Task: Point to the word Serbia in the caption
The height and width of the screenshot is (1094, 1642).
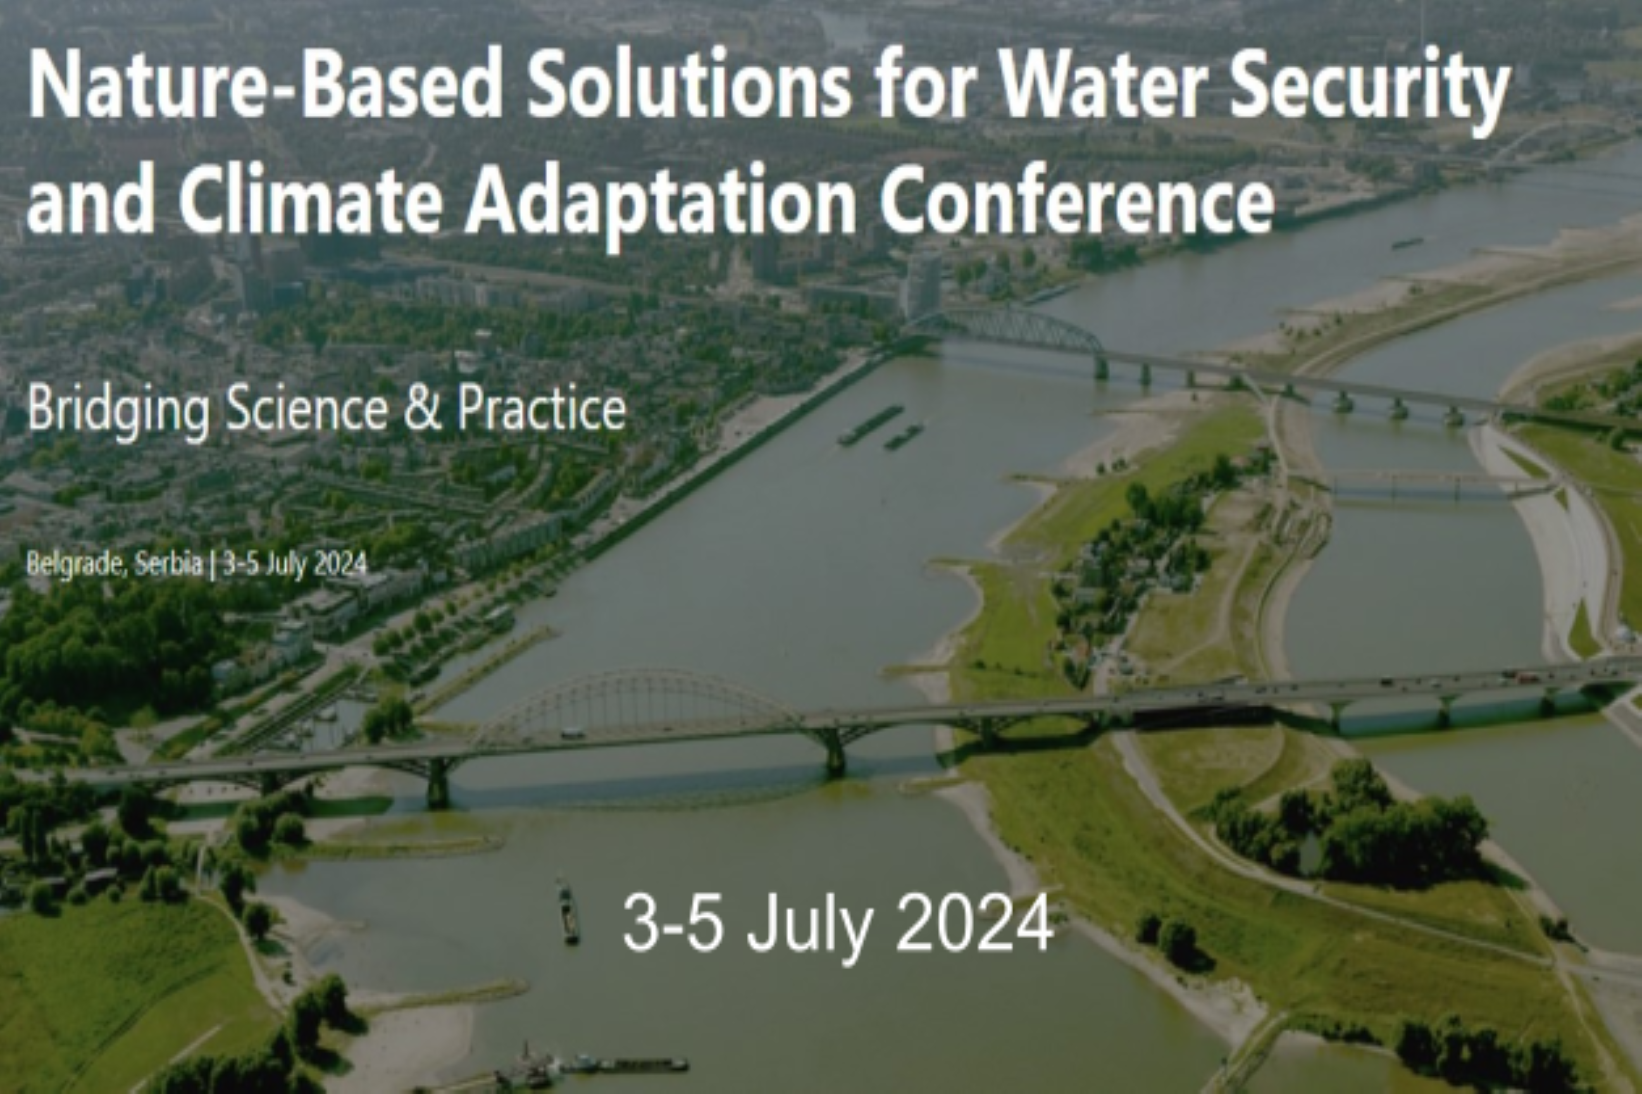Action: (168, 563)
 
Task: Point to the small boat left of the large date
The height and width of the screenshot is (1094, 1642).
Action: (568, 911)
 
